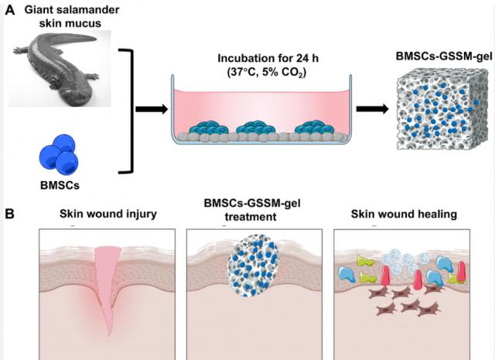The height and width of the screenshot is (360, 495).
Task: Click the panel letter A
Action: click(x=10, y=10)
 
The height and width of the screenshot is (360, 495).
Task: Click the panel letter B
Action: click(x=10, y=211)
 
